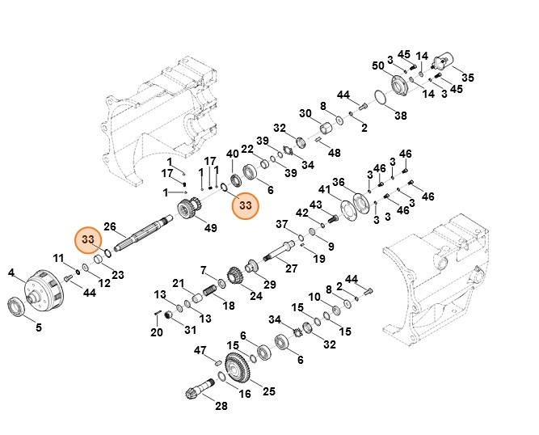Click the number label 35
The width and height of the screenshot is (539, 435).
tap(468, 78)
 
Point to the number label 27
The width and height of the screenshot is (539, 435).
tap(292, 268)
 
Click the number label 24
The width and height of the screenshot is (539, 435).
tap(255, 296)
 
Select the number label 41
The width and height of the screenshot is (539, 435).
tap(323, 189)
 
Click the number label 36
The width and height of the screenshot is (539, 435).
tap(339, 182)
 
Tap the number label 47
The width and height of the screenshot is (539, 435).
tap(201, 349)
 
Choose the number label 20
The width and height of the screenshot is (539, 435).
tap(157, 332)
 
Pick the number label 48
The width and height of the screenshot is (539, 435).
tap(334, 153)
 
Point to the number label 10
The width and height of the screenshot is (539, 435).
tap(314, 298)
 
